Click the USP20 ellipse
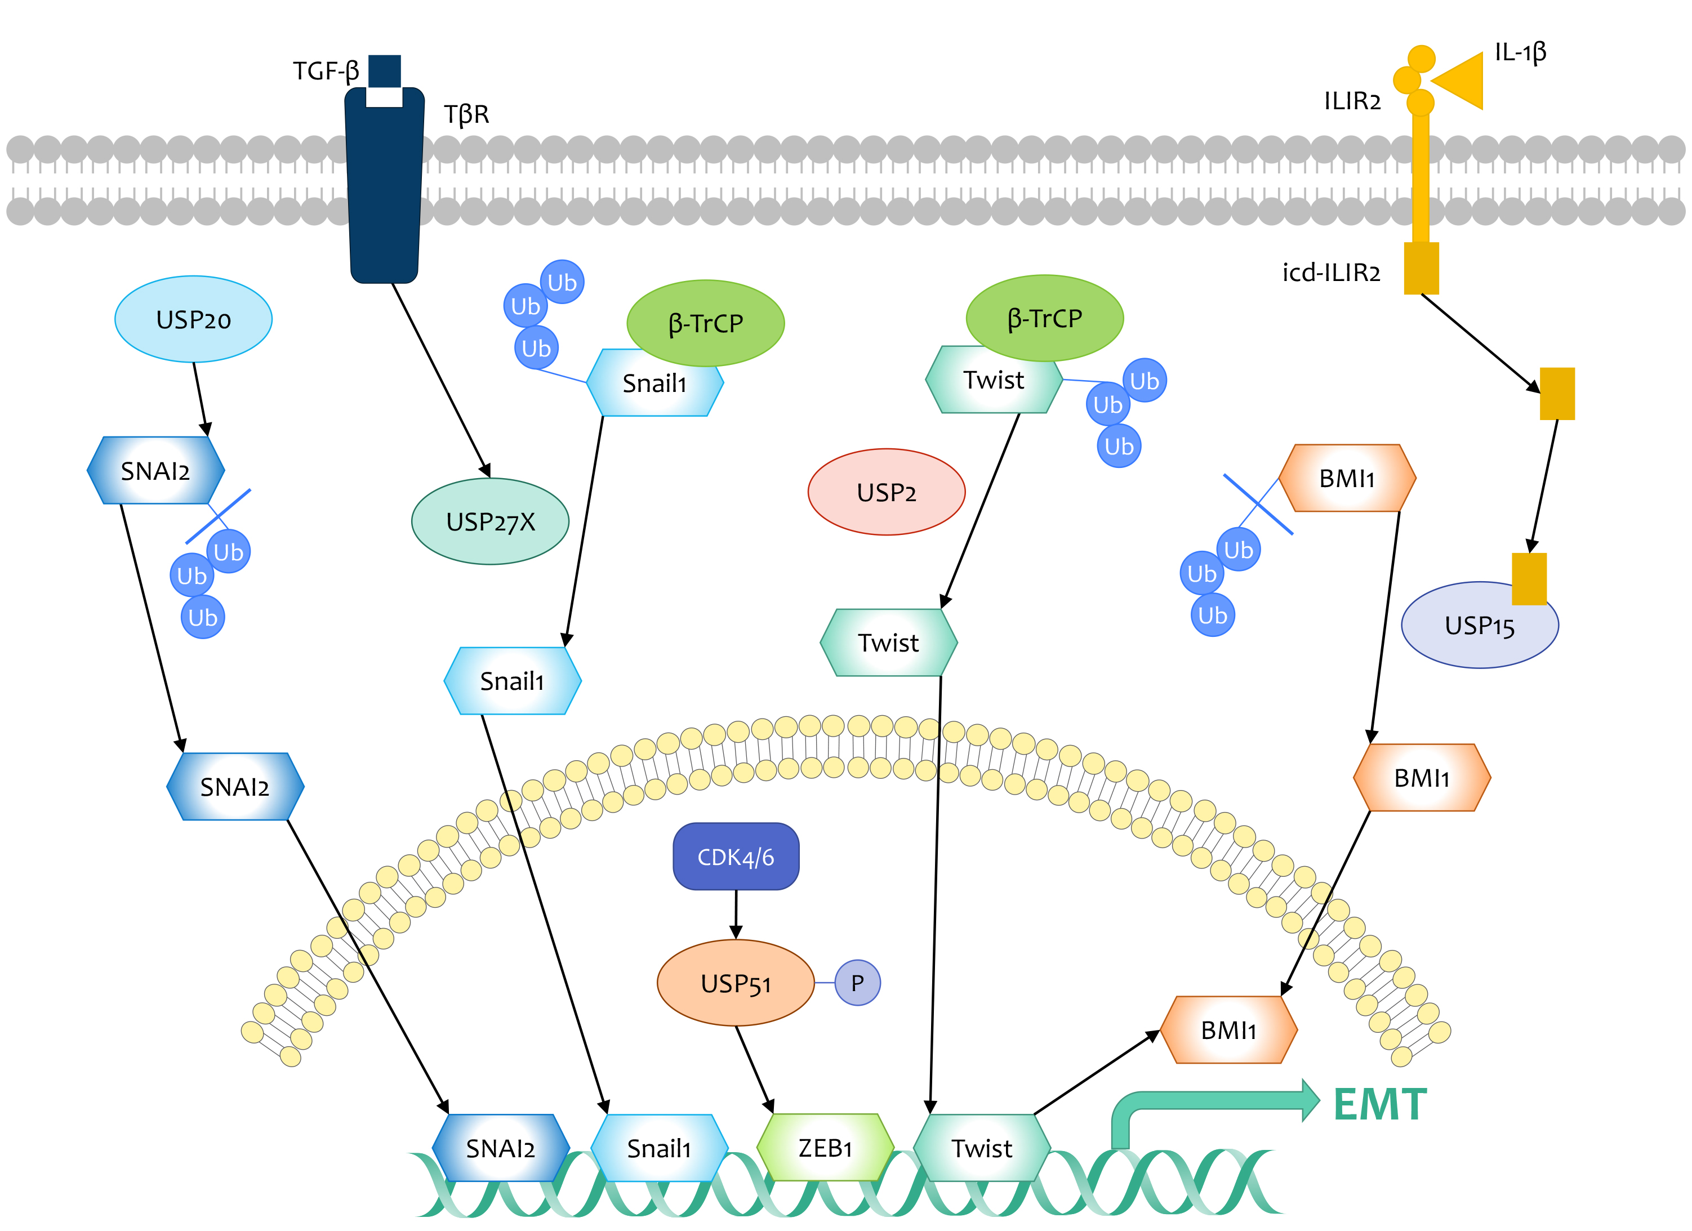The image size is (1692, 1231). pyautogui.click(x=193, y=319)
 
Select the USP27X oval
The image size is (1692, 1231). pyautogui.click(x=490, y=521)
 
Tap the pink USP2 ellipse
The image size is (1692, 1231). pyautogui.click(x=887, y=492)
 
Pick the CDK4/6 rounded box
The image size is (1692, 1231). pyautogui.click(x=736, y=857)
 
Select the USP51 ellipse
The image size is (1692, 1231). pyautogui.click(x=735, y=983)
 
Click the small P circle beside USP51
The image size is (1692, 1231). pyautogui.click(x=857, y=983)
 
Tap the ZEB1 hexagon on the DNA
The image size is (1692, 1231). pyautogui.click(x=825, y=1148)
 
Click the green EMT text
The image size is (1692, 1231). pyautogui.click(x=1379, y=1105)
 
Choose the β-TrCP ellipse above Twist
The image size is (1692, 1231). pyautogui.click(x=1044, y=318)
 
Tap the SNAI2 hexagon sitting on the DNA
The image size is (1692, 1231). pyautogui.click(x=501, y=1148)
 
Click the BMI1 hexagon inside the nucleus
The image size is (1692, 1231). pyautogui.click(x=1228, y=1031)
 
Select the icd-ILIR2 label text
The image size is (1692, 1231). pyautogui.click(x=1331, y=273)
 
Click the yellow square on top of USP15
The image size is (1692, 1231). pyautogui.click(x=1529, y=578)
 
